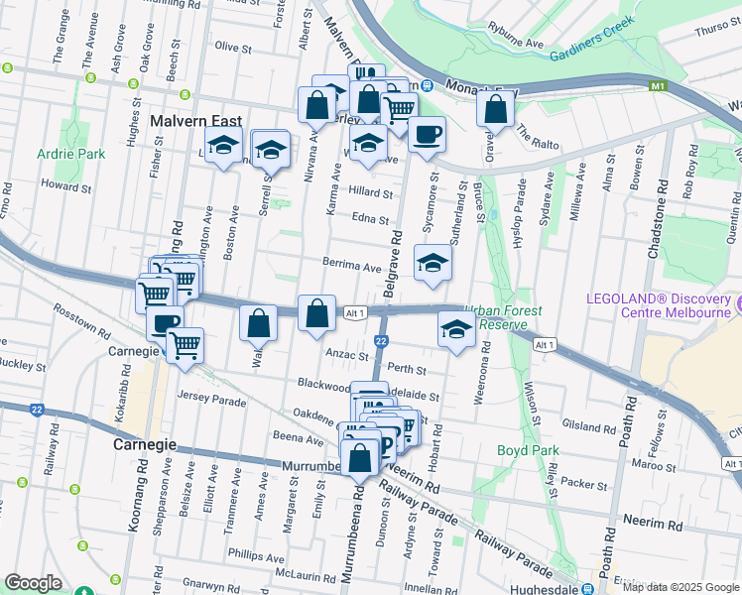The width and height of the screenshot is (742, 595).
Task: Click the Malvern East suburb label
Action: pos(194,121)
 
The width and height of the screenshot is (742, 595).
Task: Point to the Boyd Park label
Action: pos(524,450)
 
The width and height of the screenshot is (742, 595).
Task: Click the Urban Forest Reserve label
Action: pos(505,317)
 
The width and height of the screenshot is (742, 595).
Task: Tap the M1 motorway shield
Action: pos(657,87)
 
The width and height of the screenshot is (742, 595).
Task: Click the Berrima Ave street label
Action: pos(351,267)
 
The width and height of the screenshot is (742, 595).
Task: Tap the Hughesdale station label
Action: pos(537,588)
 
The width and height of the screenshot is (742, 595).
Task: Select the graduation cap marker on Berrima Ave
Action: pos(433,263)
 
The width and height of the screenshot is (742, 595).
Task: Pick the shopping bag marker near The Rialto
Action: pos(494,108)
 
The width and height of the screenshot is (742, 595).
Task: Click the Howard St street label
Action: pos(66,185)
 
